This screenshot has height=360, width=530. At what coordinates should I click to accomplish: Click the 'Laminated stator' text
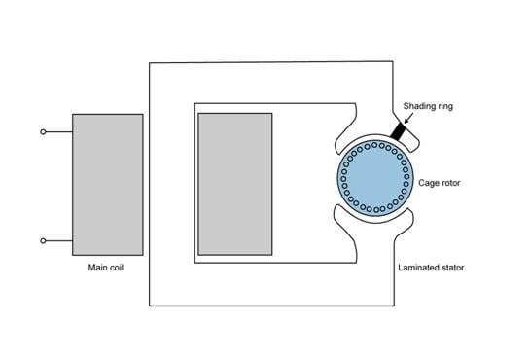point(430,266)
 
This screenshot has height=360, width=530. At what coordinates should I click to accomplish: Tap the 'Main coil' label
point(106,266)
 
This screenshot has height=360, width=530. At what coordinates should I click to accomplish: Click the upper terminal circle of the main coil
point(43,131)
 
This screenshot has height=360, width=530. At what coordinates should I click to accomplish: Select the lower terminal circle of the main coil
point(43,240)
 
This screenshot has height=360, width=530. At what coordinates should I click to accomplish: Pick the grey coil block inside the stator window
point(234,183)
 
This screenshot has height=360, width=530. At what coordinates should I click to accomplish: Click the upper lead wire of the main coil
point(58,131)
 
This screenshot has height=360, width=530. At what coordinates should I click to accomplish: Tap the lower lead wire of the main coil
point(58,240)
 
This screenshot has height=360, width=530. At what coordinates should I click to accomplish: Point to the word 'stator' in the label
point(453,266)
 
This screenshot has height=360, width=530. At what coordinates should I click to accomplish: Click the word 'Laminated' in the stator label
point(416,266)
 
